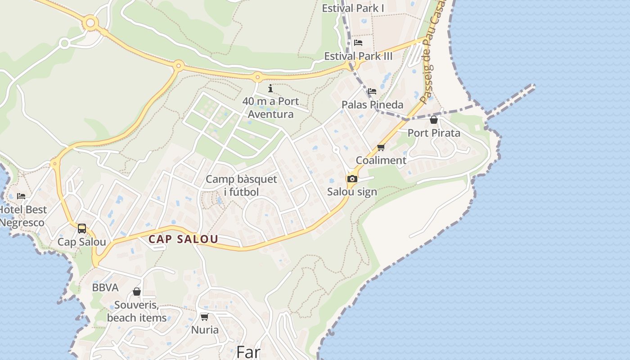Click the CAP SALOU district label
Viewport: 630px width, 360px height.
click(x=183, y=239)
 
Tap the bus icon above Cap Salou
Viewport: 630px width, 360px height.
click(x=81, y=229)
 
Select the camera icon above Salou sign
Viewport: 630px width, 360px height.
click(x=352, y=179)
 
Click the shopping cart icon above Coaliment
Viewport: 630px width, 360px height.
click(x=381, y=147)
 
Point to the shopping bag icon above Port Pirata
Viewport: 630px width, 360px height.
click(x=433, y=120)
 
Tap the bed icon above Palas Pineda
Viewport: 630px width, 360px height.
click(x=372, y=91)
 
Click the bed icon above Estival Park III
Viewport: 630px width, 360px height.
click(x=358, y=43)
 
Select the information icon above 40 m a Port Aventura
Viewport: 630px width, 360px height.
click(x=270, y=88)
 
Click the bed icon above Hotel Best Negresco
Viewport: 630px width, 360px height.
click(x=21, y=196)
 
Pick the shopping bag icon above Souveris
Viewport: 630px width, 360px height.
click(x=136, y=292)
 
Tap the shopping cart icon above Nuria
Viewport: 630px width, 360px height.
click(x=204, y=317)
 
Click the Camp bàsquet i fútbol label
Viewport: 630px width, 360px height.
click(x=241, y=185)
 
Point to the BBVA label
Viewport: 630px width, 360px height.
click(x=105, y=288)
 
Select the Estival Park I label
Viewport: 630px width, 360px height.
click(x=353, y=8)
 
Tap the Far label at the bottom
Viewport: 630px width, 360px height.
click(x=248, y=352)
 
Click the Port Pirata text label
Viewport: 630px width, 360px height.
click(x=434, y=133)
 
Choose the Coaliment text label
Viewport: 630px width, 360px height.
click(x=381, y=160)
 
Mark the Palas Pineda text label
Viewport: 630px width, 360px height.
click(x=372, y=104)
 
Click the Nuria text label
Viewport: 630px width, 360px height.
click(x=205, y=330)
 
